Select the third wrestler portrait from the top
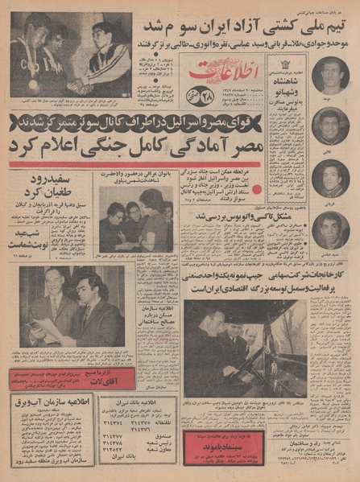pos(331,176)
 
